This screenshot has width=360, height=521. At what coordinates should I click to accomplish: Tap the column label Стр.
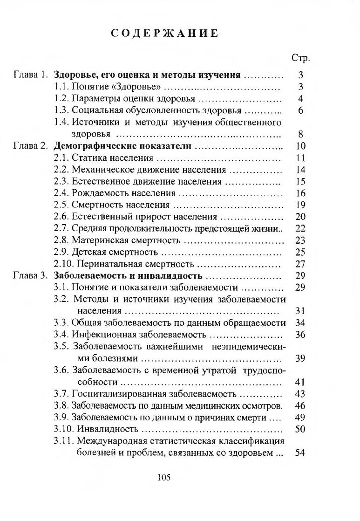300,58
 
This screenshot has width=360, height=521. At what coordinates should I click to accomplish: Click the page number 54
300,452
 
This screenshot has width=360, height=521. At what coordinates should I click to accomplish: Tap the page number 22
300,228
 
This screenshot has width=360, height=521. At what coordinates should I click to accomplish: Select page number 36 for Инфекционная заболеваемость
300,335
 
